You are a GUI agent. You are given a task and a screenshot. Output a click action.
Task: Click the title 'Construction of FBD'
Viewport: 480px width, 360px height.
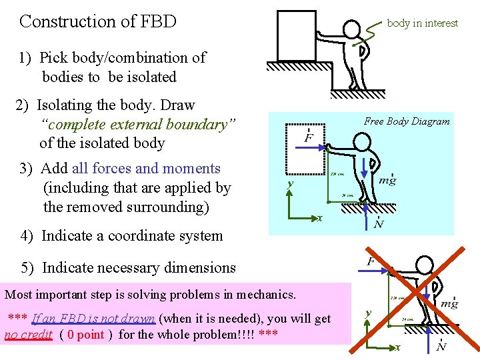(x=98, y=21)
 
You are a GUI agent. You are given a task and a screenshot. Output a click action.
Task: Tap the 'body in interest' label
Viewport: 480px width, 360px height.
(x=422, y=23)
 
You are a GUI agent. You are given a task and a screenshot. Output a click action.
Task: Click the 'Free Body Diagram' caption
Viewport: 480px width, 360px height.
(x=407, y=121)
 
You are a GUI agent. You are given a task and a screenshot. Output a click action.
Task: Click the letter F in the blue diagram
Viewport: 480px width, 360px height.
(x=309, y=138)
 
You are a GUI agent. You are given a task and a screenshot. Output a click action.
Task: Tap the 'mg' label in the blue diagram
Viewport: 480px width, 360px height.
(x=387, y=180)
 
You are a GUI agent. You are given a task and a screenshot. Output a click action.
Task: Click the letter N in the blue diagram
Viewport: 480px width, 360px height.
(x=379, y=224)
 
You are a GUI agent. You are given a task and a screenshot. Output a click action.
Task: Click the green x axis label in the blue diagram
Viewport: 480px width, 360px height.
(x=320, y=218)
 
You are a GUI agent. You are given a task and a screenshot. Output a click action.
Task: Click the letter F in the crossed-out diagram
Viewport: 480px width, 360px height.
(x=371, y=261)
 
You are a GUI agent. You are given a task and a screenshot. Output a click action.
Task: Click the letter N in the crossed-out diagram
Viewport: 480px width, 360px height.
(x=441, y=347)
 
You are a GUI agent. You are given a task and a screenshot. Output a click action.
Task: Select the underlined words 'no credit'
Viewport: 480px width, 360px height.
(x=28, y=335)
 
